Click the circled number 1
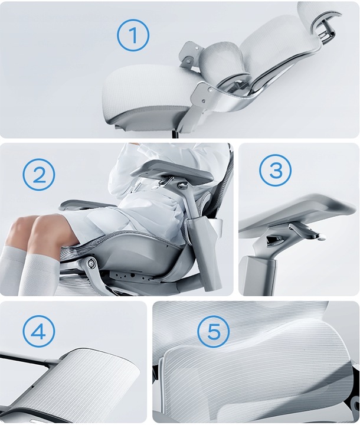(133, 35)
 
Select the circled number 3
(276, 170)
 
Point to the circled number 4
(39, 331)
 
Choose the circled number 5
(213, 331)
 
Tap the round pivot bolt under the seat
(90, 262)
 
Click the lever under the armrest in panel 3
(304, 231)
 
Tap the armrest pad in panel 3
(298, 214)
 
